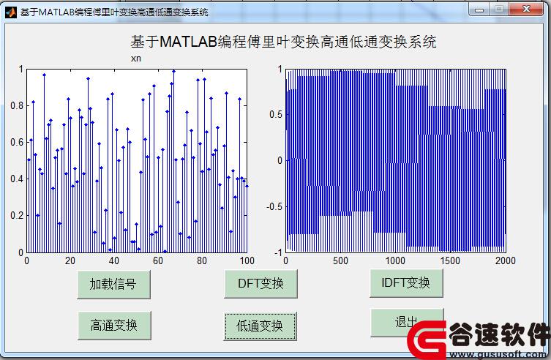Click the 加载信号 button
[x=113, y=285]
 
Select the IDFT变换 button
[x=406, y=283]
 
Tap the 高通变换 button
[x=114, y=325]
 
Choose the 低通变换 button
[x=260, y=326]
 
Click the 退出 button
[x=407, y=322]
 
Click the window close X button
[x=526, y=10]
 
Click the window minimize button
[x=479, y=10]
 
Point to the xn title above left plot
[x=136, y=59]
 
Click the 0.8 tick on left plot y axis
[x=17, y=105]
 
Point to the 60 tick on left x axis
[x=158, y=260]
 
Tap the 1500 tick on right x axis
[x=450, y=260]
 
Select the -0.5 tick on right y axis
[x=274, y=206]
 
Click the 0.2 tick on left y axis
[x=17, y=216]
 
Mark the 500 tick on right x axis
[x=340, y=260]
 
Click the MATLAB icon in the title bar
[x=11, y=12]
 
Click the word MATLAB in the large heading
[x=188, y=42]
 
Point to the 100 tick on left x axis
[x=247, y=260]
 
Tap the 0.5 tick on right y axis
[x=276, y=115]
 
